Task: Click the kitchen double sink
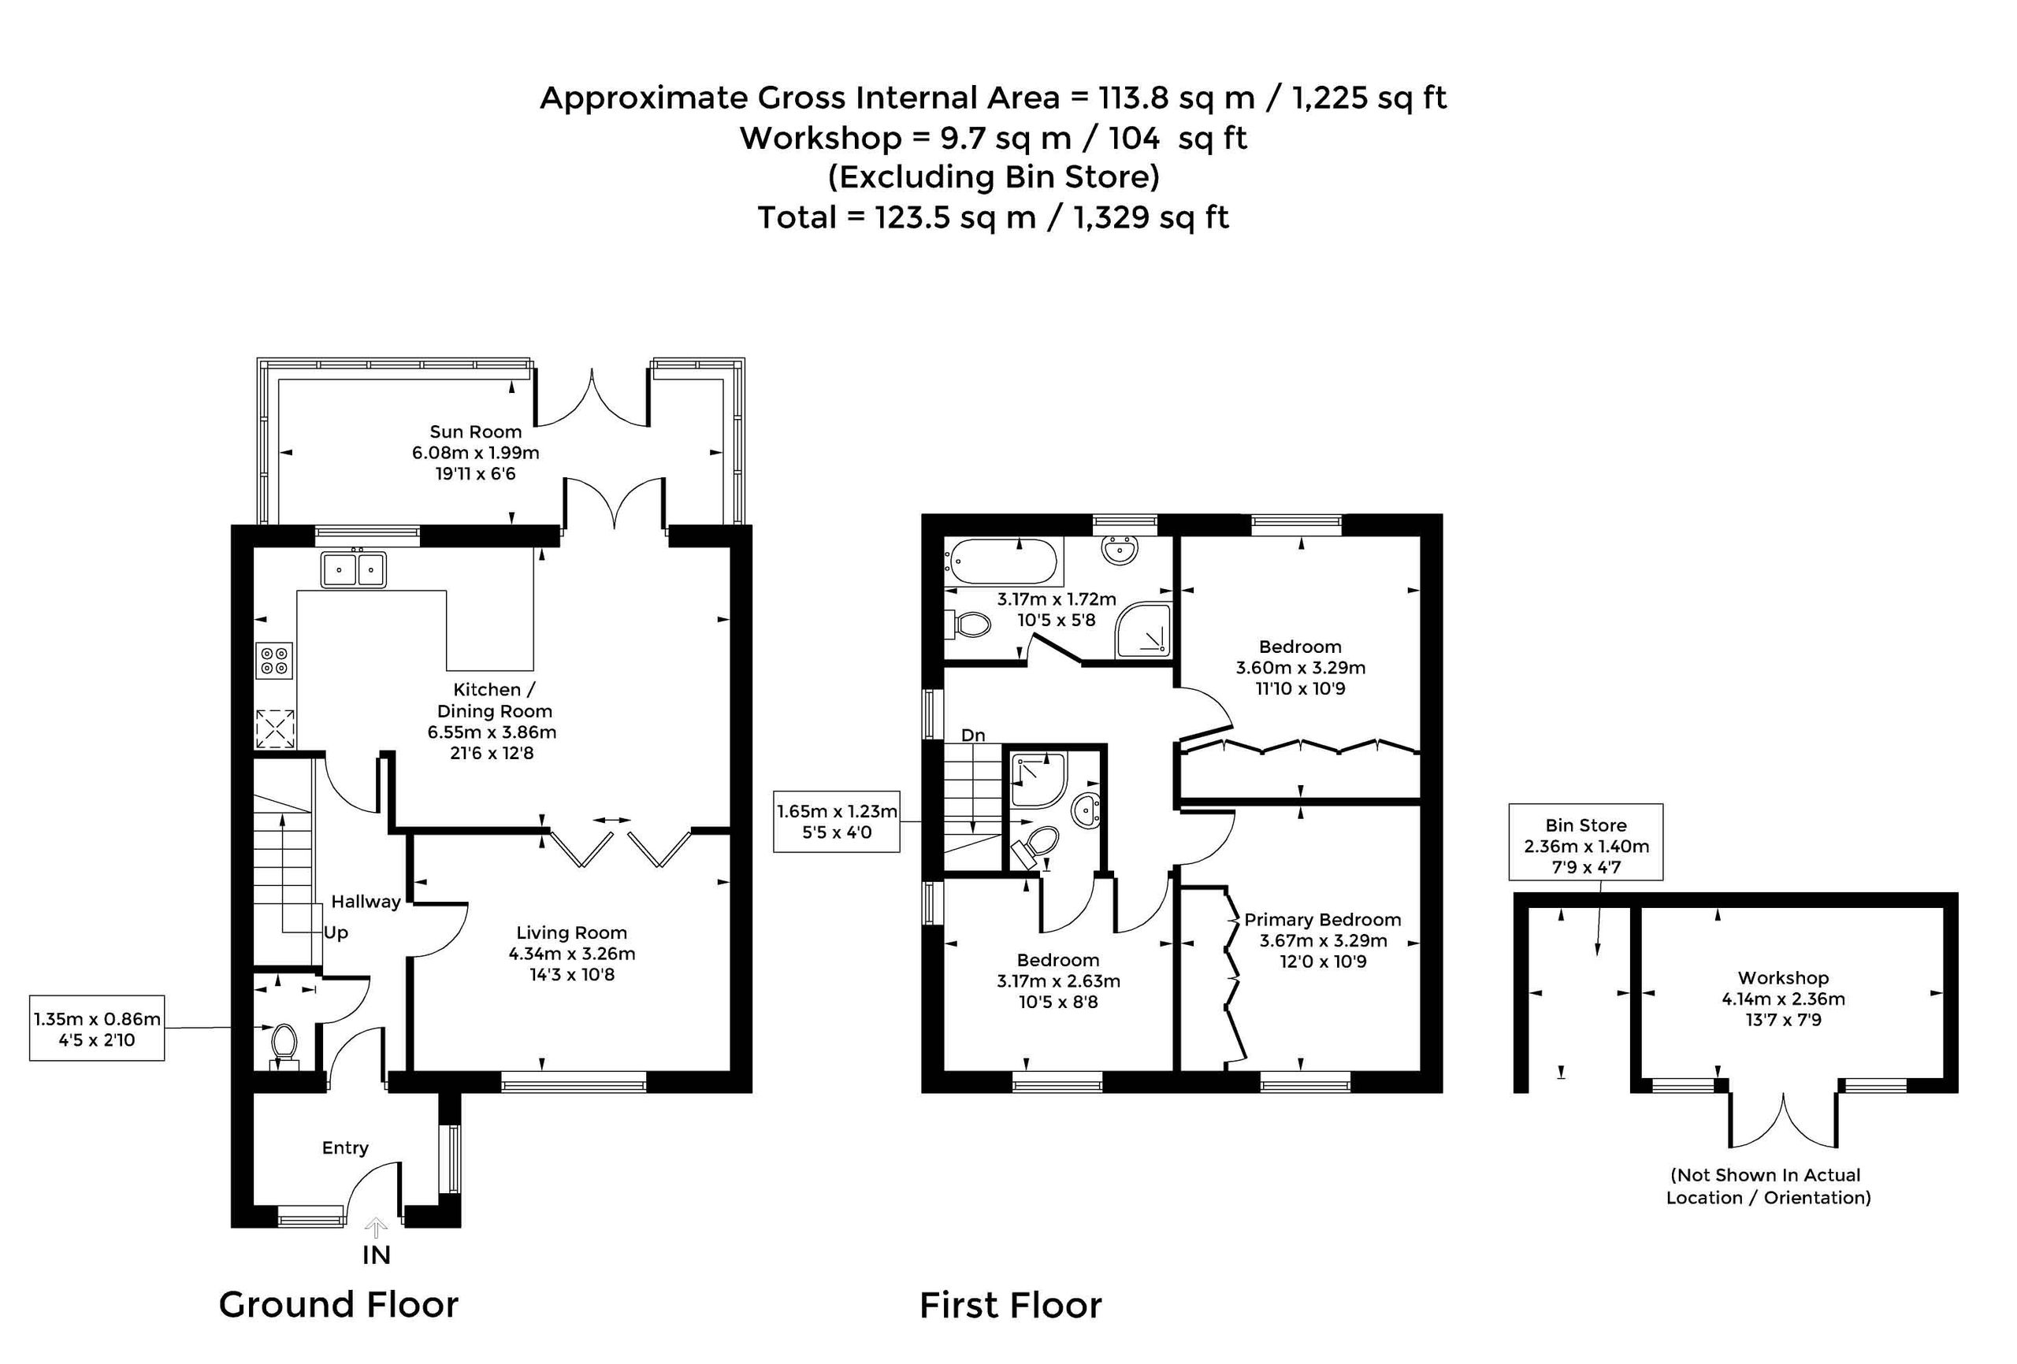pyautogui.click(x=353, y=569)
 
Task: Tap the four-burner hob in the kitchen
pyautogui.click(x=274, y=660)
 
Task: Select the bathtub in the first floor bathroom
pyautogui.click(x=1003, y=562)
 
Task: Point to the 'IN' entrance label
pyautogui.click(x=377, y=1255)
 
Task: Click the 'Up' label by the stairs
pyautogui.click(x=336, y=932)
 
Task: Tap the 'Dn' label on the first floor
pyautogui.click(x=973, y=735)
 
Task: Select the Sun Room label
pyautogui.click(x=476, y=432)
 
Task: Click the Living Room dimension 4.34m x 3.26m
pyautogui.click(x=572, y=954)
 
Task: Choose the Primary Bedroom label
pyautogui.click(x=1323, y=920)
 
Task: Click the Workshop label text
pyautogui.click(x=1784, y=978)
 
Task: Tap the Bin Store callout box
pyautogui.click(x=1586, y=843)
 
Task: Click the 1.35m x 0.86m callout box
pyautogui.click(x=97, y=1029)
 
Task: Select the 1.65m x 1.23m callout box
pyautogui.click(x=837, y=821)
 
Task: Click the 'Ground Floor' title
pyautogui.click(x=339, y=1305)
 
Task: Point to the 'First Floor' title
pyautogui.click(x=1011, y=1305)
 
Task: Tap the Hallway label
pyautogui.click(x=366, y=902)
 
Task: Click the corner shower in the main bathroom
pyautogui.click(x=1144, y=629)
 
